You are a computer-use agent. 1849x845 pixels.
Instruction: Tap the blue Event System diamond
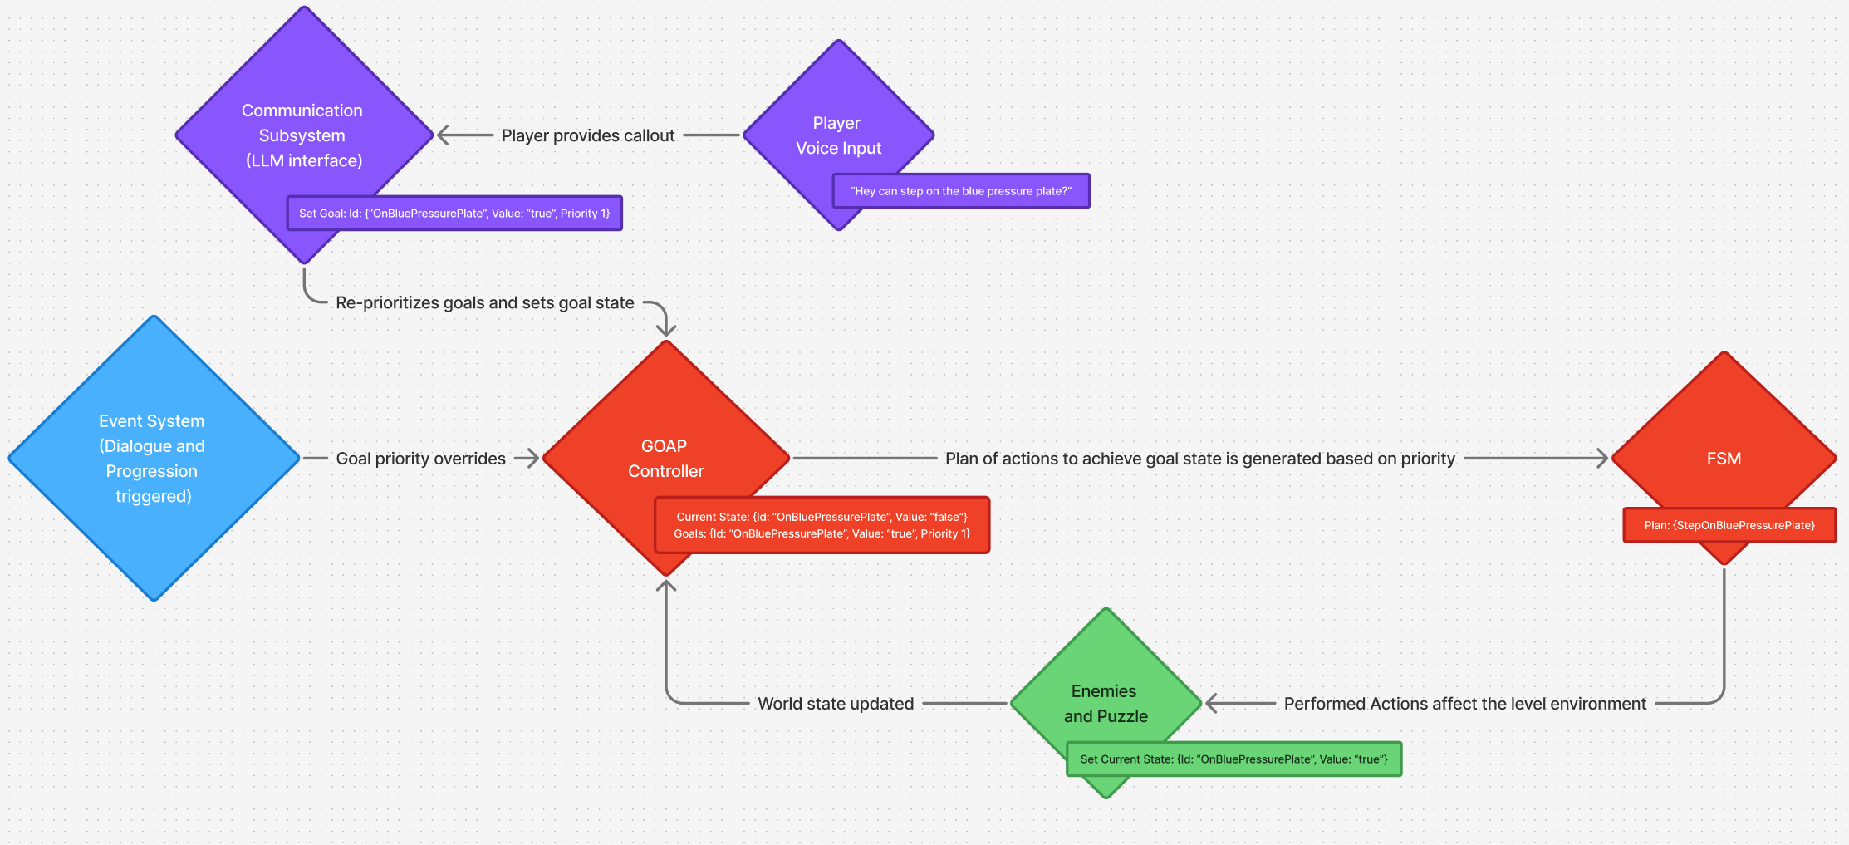[x=154, y=458]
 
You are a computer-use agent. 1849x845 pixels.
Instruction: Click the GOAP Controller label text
[x=665, y=459]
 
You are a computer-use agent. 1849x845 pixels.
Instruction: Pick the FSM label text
[x=1724, y=459]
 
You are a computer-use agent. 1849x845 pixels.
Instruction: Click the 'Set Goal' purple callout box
[x=454, y=214]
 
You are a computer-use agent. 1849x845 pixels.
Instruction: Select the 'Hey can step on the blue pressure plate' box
[x=961, y=191]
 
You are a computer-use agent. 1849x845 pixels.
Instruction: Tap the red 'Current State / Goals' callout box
[x=822, y=525]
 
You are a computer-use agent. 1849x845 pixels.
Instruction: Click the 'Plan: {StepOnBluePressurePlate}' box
[x=1729, y=525]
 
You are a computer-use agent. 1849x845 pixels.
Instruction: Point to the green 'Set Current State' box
[x=1233, y=759]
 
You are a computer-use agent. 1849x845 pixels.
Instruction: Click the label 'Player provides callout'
[x=588, y=135]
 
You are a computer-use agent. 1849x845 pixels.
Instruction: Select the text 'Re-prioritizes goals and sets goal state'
[x=485, y=303]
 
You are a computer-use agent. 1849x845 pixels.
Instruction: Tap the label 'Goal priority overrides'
[x=421, y=459]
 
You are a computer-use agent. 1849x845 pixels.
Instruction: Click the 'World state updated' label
[x=836, y=704]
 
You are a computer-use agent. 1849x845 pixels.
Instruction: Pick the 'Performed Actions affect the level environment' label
[x=1464, y=704]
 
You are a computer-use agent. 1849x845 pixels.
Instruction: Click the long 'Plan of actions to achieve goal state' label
[x=1200, y=459]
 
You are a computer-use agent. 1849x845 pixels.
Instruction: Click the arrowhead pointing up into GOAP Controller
[x=666, y=585]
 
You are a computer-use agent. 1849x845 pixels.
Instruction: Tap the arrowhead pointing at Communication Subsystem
[x=443, y=135]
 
